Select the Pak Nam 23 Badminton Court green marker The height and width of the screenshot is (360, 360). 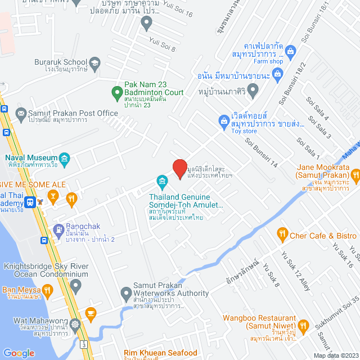tap(117, 91)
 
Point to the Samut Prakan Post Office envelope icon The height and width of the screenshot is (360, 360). tap(21, 113)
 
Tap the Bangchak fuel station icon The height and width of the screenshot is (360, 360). tap(58, 229)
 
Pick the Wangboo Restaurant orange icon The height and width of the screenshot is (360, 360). tap(304, 325)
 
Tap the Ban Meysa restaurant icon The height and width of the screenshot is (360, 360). tap(48, 290)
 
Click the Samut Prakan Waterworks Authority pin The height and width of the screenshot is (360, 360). tap(126, 292)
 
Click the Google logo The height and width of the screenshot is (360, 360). tap(19, 353)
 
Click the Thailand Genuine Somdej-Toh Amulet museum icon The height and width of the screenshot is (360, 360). tap(162, 181)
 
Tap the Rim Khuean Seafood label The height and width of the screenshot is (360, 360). tap(160, 353)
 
